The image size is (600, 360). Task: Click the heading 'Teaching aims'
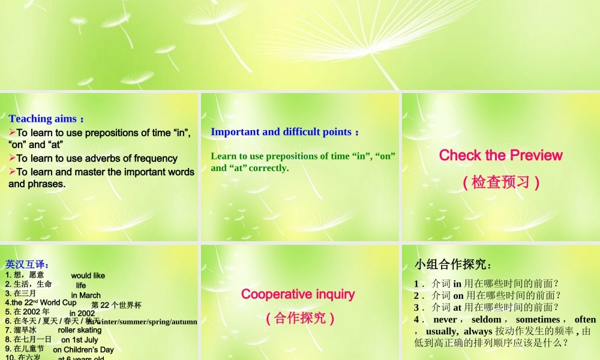click(43, 119)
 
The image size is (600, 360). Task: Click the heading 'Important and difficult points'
click(281, 132)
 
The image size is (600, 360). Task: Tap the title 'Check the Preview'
click(500, 155)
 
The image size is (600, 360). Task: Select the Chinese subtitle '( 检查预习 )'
click(501, 182)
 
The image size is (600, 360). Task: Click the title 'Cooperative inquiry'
click(298, 294)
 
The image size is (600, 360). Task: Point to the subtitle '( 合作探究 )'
click(299, 318)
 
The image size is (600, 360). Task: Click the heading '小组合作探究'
click(452, 265)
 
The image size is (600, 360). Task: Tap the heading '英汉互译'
click(26, 264)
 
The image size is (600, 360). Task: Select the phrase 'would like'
click(88, 276)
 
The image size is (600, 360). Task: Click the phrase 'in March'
click(86, 295)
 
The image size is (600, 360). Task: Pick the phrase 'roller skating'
click(80, 330)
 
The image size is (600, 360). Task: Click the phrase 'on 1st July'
click(79, 340)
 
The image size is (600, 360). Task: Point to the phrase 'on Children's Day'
click(83, 350)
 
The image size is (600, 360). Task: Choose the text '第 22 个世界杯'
click(116, 305)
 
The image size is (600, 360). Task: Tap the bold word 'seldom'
click(486, 320)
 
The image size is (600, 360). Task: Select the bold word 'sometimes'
click(537, 320)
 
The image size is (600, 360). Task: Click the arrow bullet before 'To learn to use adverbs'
click(12, 158)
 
